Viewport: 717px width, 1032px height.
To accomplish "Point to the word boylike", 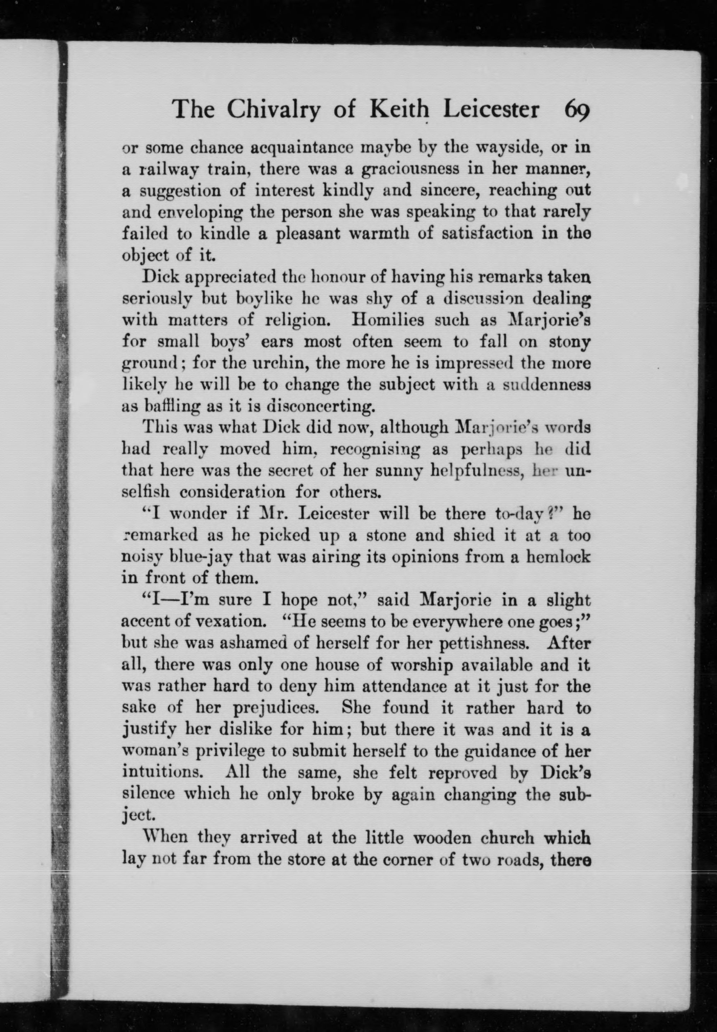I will tap(265, 299).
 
